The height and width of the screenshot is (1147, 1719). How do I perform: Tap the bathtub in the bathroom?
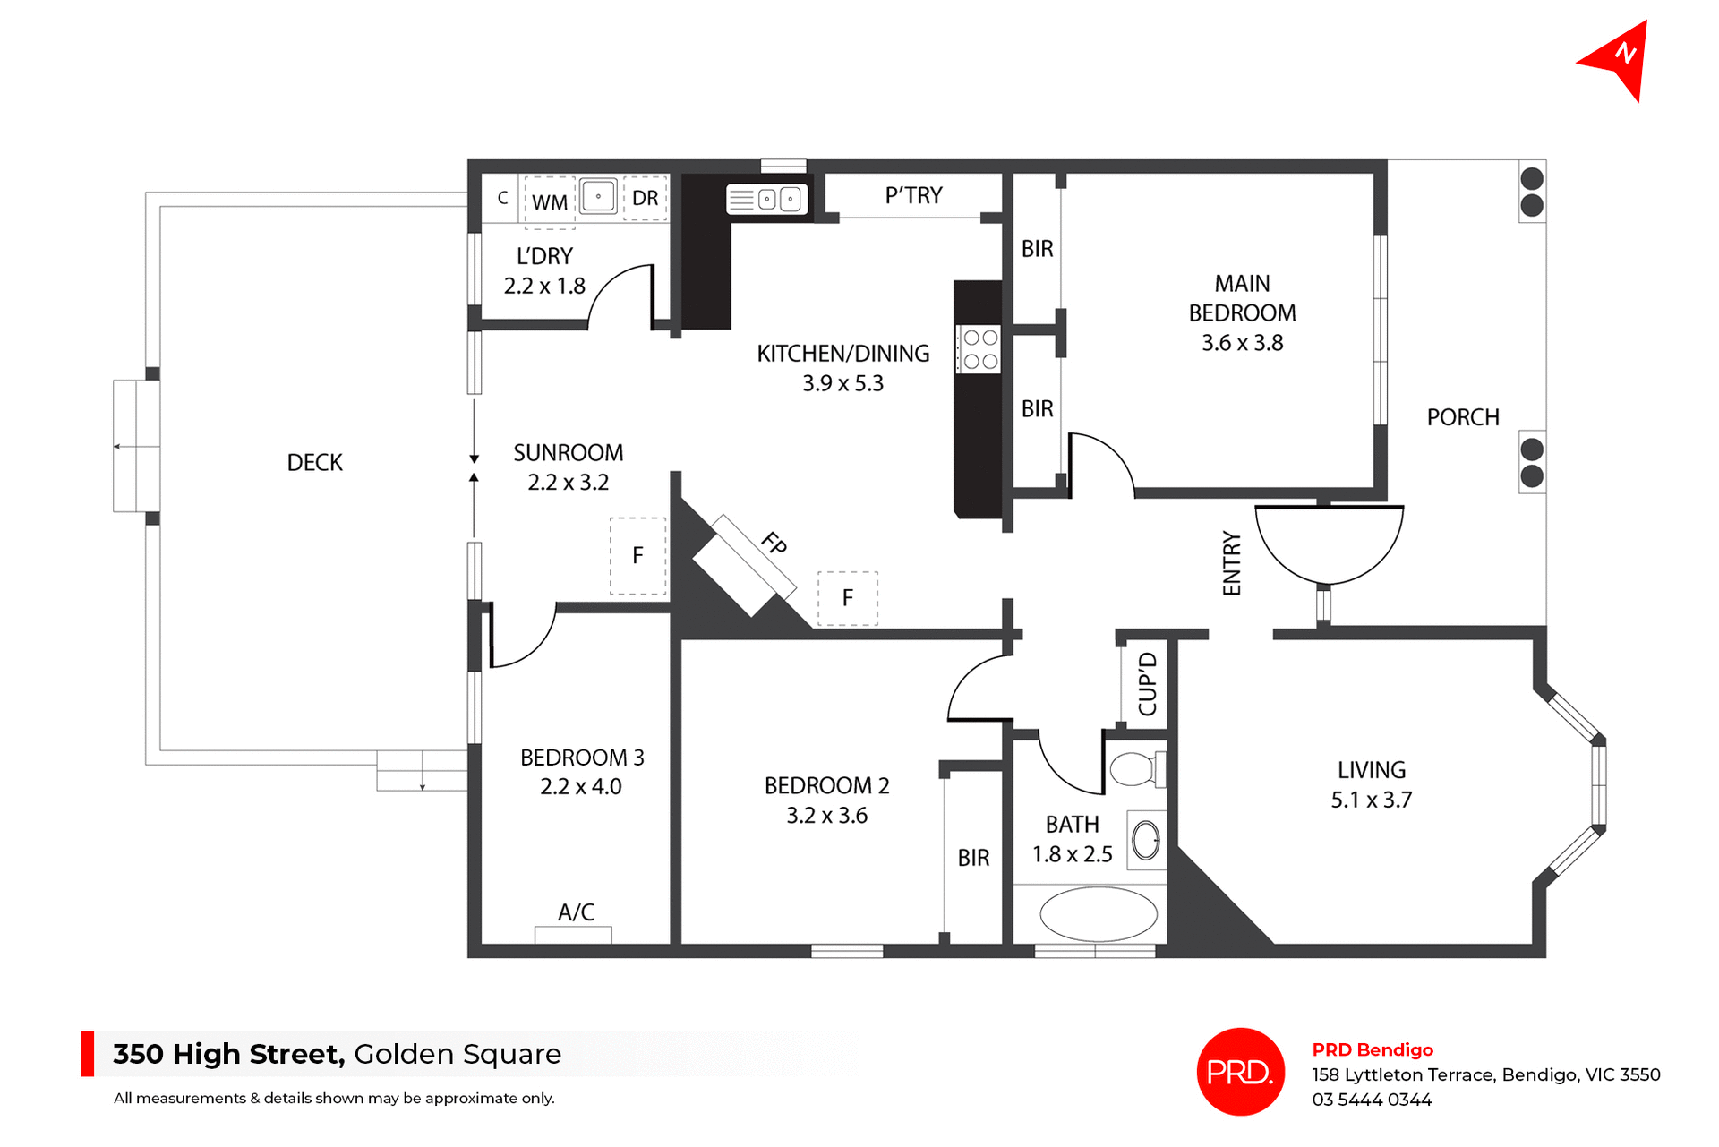1098,914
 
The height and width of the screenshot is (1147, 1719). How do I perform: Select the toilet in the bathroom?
1135,769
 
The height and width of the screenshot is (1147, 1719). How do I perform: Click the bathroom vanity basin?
1146,840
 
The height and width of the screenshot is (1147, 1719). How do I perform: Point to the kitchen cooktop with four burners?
980,349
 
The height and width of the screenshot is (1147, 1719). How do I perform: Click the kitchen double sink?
767,199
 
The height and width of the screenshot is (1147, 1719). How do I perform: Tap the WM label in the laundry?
549,202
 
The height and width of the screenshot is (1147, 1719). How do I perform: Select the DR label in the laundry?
645,199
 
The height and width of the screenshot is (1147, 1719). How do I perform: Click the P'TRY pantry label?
913,195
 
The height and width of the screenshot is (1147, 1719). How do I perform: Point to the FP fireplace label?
774,543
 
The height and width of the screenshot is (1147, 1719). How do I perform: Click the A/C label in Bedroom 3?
576,912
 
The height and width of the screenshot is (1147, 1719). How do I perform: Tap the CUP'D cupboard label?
1147,684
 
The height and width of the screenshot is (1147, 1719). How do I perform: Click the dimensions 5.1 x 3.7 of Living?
1371,800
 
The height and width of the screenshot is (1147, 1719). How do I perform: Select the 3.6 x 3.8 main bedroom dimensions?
1242,343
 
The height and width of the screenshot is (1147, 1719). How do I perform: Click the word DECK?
314,463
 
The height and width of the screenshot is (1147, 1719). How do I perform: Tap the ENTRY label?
1232,563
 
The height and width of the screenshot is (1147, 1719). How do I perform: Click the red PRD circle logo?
1240,1072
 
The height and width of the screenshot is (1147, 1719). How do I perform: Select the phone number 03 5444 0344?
1372,1100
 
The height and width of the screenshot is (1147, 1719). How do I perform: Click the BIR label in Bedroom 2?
973,858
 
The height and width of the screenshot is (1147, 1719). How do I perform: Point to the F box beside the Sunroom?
637,556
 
